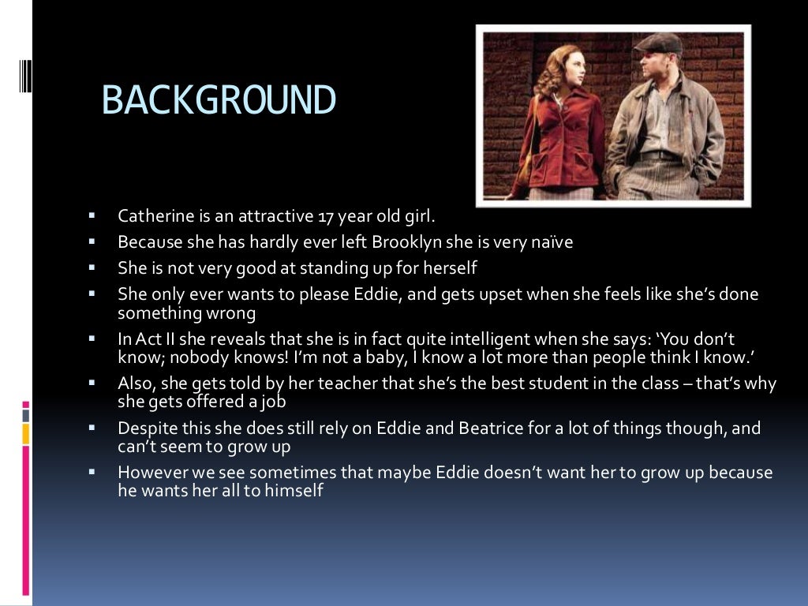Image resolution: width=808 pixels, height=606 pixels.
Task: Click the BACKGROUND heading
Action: tap(219, 101)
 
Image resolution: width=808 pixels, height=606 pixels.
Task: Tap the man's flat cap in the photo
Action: tap(657, 43)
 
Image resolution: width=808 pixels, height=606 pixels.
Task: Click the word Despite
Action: tap(144, 428)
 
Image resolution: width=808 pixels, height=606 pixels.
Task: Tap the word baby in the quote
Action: tap(380, 357)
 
